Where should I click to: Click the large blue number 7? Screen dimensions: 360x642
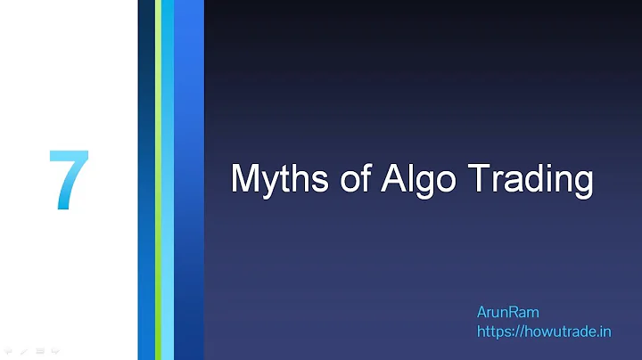[x=69, y=181]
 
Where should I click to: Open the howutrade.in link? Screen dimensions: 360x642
[x=544, y=331]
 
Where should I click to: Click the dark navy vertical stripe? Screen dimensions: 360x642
[x=146, y=178]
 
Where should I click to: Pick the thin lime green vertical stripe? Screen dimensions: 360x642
[x=158, y=178]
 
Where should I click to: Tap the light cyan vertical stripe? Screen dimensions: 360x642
[x=168, y=178]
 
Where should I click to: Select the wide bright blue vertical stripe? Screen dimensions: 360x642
[x=189, y=178]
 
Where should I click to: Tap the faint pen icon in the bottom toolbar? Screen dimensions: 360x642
[x=24, y=351]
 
